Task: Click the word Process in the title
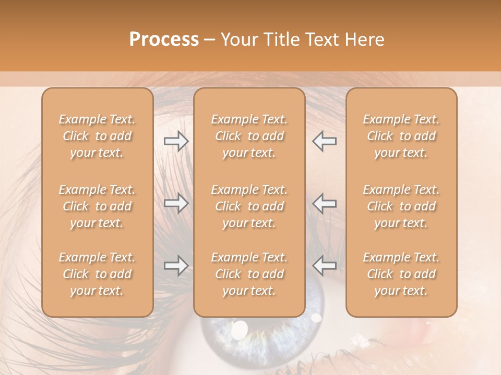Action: (x=164, y=40)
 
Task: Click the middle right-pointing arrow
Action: (x=176, y=203)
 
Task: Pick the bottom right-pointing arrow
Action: (x=176, y=266)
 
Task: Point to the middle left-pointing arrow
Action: (x=324, y=203)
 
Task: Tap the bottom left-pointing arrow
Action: (x=324, y=266)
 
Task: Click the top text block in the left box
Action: (x=97, y=136)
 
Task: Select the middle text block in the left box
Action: (x=97, y=206)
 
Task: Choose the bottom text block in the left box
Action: (x=97, y=274)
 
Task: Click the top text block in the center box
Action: (x=249, y=136)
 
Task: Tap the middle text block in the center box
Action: (x=249, y=206)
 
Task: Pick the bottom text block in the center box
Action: (x=249, y=274)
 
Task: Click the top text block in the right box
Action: (x=401, y=136)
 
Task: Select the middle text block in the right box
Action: (x=401, y=206)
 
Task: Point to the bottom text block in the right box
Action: (x=401, y=274)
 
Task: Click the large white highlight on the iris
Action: (x=240, y=329)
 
